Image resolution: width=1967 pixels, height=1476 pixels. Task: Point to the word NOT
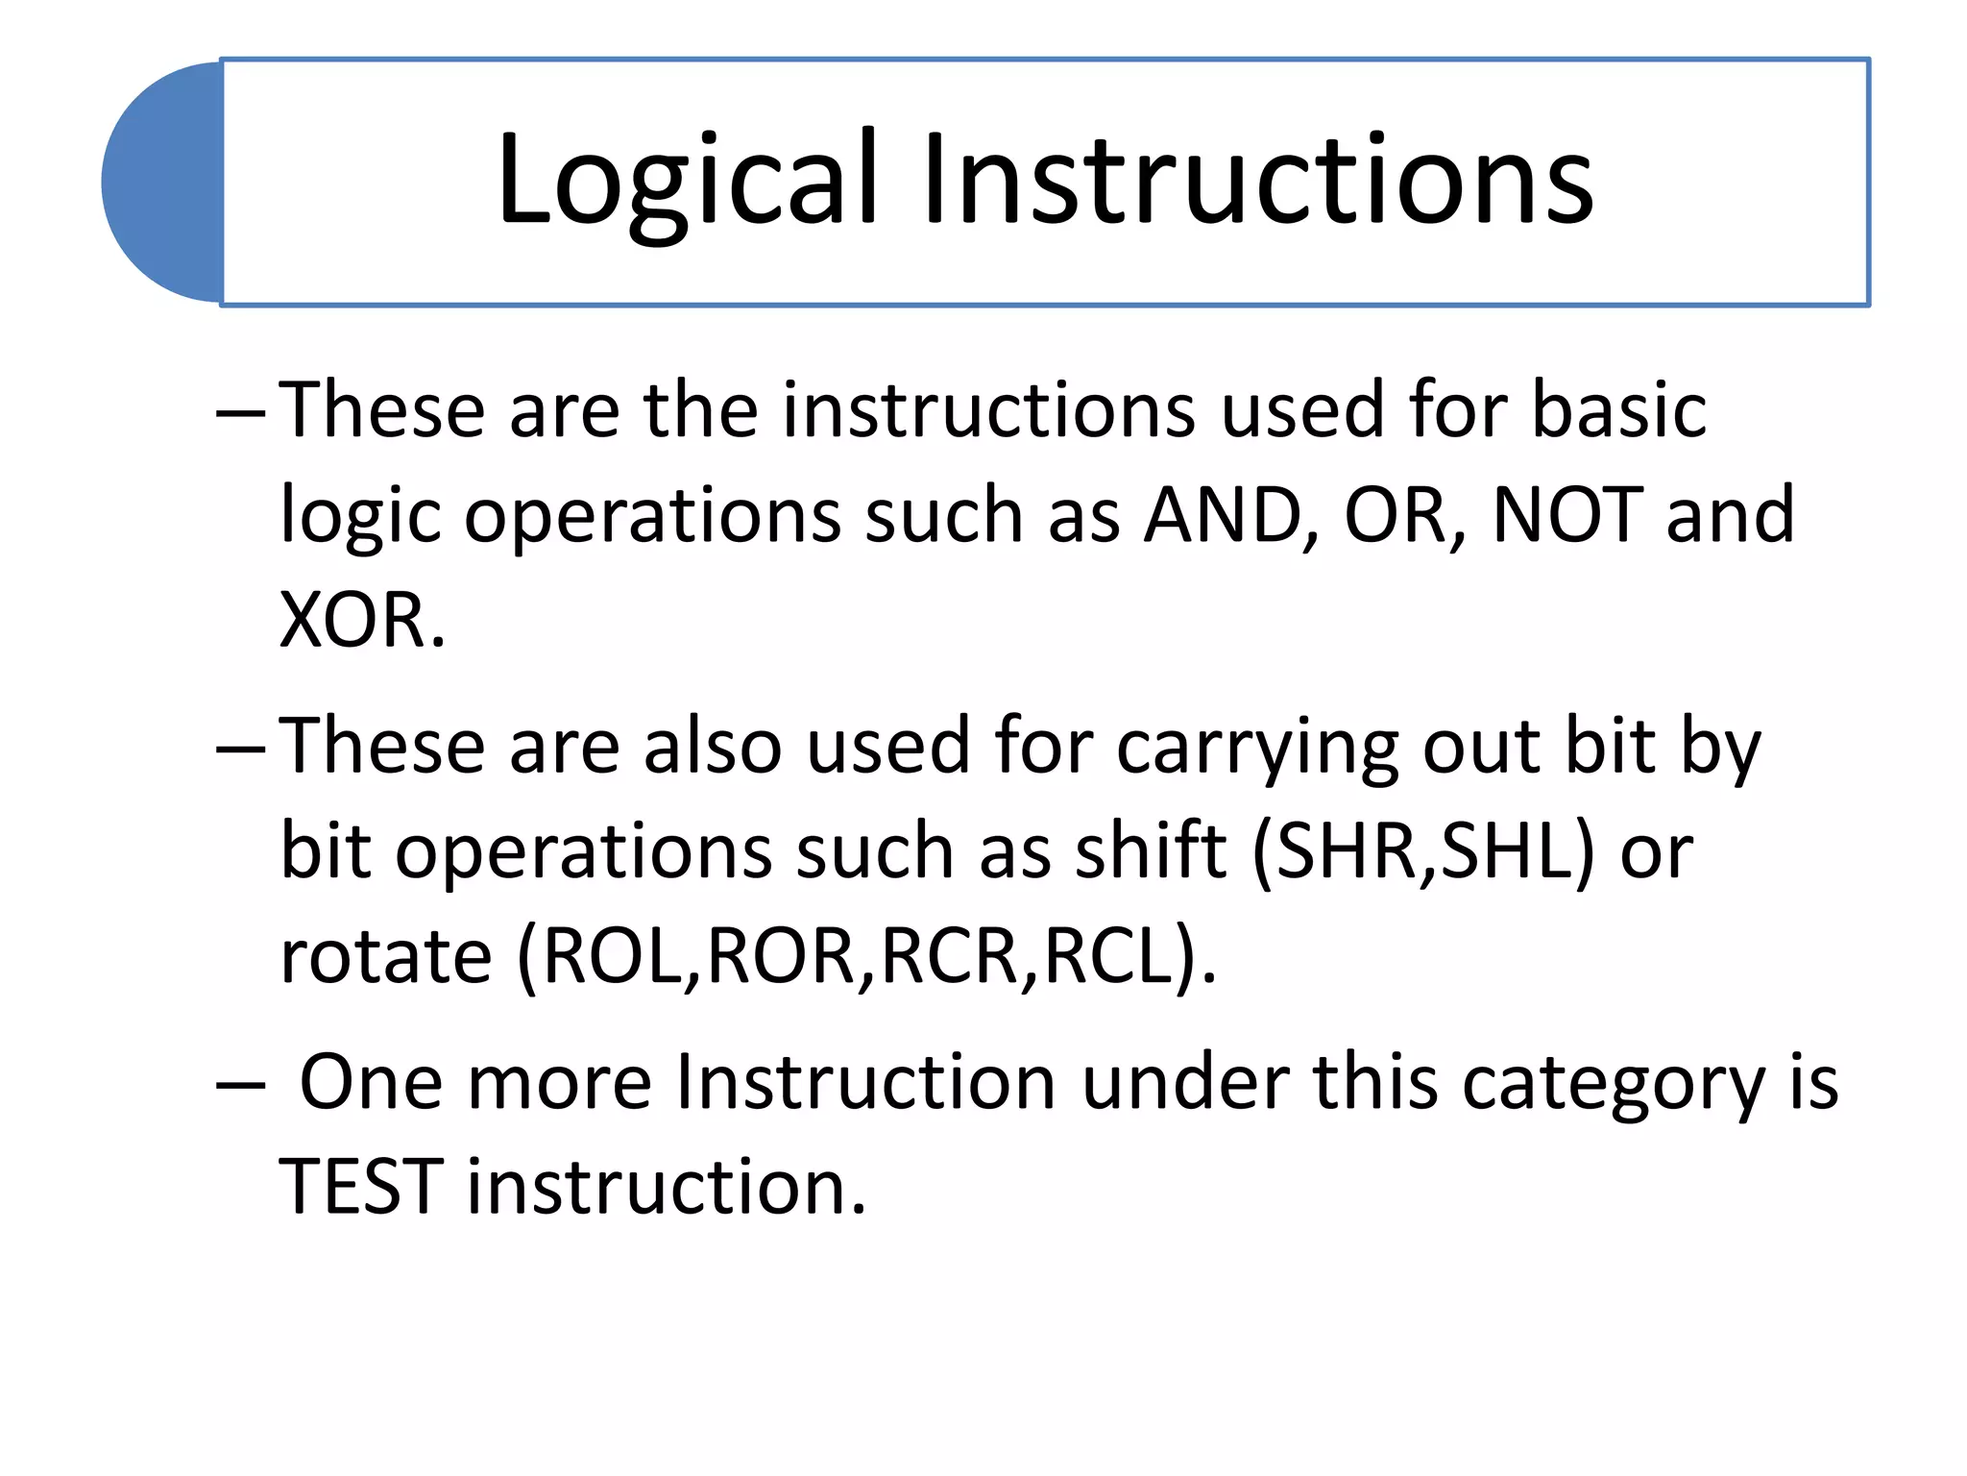(x=1567, y=515)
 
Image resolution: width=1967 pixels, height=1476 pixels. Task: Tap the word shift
(x=1150, y=851)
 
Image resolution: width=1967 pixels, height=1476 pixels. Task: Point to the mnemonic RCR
(x=949, y=957)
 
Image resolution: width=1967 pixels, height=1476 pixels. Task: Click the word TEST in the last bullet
(x=361, y=1188)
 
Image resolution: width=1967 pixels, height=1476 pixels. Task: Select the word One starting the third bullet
(x=371, y=1083)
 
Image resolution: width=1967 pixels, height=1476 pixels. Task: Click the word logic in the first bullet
(x=360, y=517)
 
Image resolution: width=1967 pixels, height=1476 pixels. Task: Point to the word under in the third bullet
(x=1185, y=1083)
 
